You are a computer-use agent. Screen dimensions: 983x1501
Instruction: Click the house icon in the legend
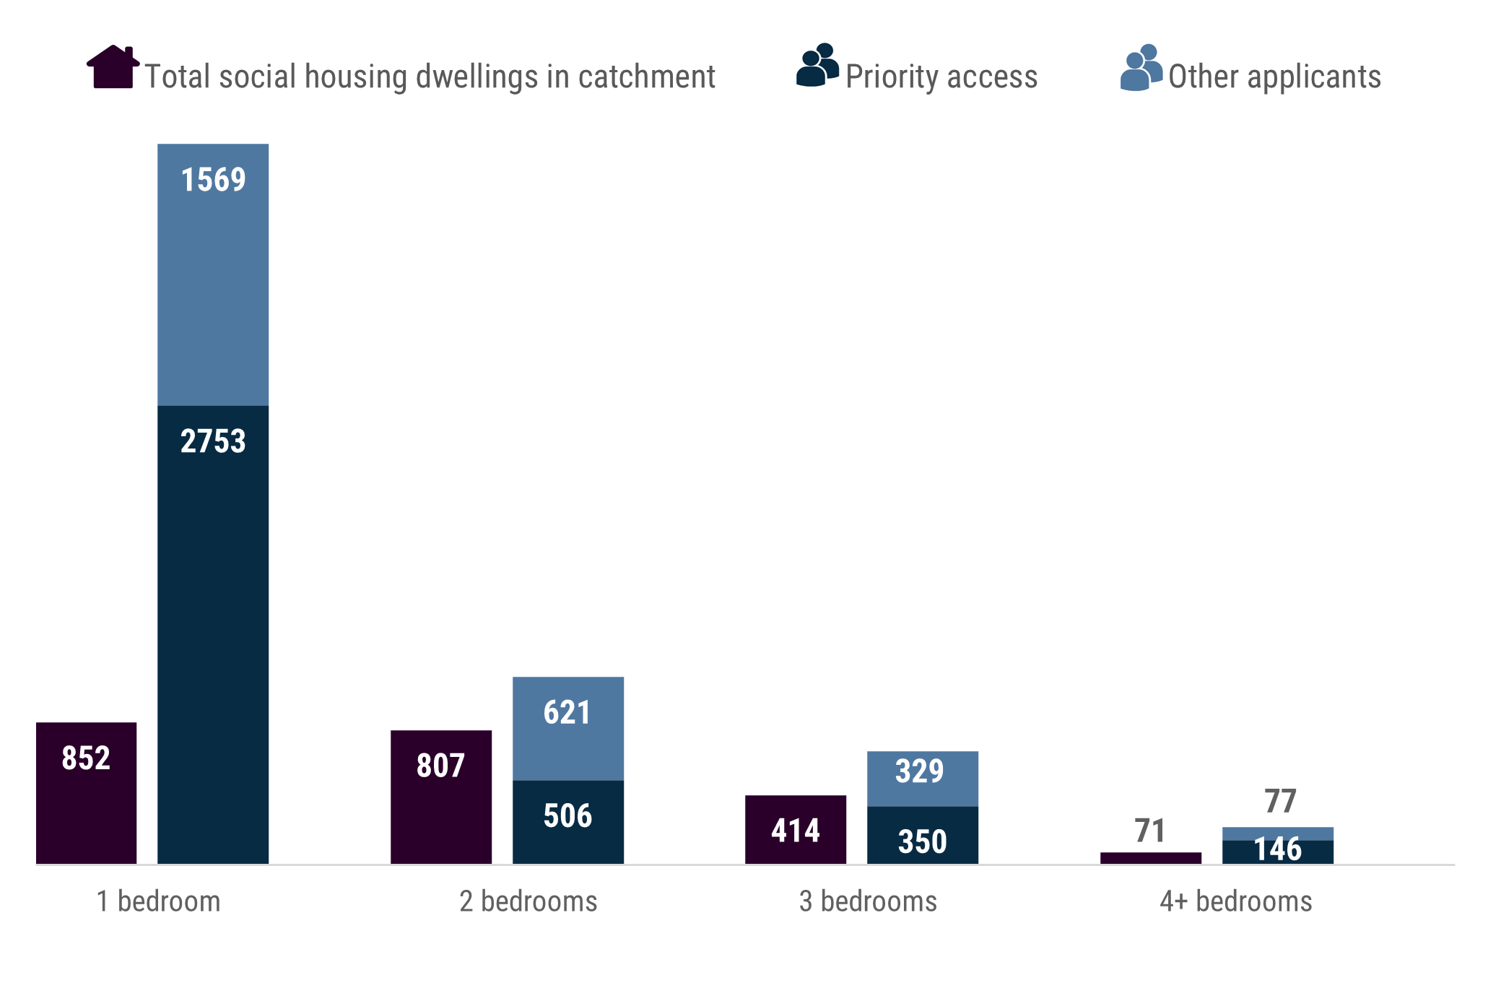113,67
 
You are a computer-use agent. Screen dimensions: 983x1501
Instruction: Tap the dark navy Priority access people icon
817,66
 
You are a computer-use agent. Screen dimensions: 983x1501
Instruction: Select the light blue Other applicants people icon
1141,68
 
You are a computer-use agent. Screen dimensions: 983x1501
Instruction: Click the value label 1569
213,180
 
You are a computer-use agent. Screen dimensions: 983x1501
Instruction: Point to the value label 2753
213,441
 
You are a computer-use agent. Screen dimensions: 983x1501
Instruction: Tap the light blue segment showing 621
567,728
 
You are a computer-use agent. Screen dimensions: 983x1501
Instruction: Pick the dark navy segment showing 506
567,822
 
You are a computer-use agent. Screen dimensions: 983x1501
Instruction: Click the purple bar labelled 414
795,830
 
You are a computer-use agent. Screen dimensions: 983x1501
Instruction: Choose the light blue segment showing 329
922,778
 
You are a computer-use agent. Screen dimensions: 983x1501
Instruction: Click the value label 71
1149,831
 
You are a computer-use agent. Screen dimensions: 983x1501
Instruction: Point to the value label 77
1280,801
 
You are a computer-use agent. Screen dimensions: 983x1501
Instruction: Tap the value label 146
1277,849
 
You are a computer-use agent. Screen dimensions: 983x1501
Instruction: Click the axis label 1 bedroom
158,901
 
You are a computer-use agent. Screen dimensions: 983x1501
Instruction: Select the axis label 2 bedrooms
528,901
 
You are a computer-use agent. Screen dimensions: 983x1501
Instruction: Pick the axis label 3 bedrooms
868,901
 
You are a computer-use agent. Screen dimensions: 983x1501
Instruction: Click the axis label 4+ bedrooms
1235,901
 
